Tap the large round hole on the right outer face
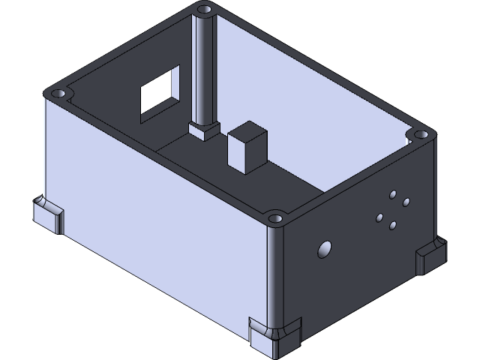[325, 250]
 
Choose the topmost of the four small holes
[392, 195]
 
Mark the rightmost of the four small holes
[406, 202]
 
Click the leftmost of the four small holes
[379, 217]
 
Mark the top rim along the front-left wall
[165, 157]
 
